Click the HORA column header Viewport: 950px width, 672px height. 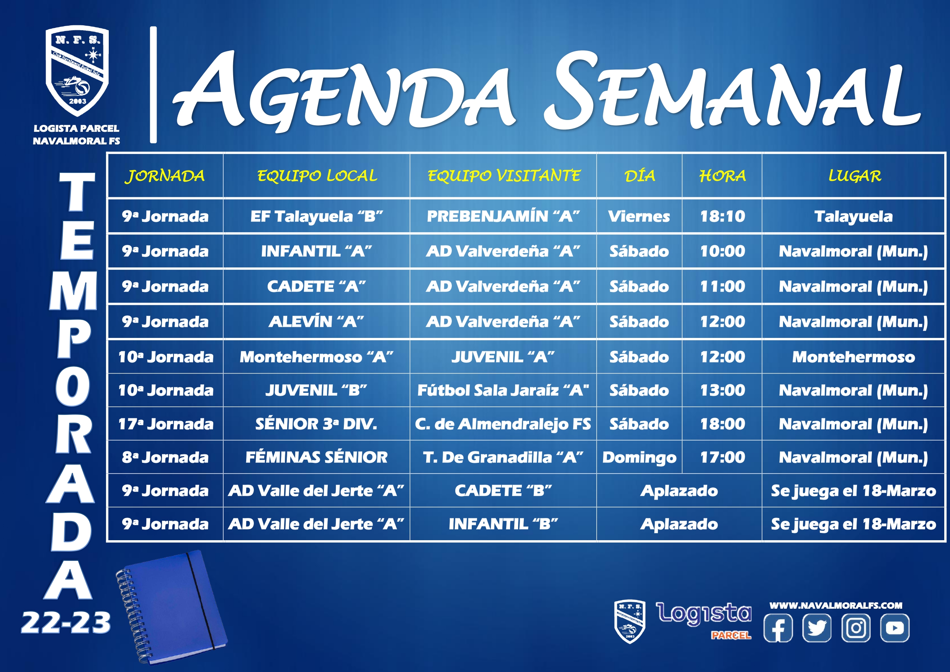[x=723, y=176]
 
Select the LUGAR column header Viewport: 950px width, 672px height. [x=854, y=176]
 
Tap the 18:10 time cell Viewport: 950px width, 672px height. [x=723, y=216]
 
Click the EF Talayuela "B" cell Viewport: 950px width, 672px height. [x=317, y=216]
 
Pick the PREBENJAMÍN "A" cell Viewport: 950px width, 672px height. [x=503, y=216]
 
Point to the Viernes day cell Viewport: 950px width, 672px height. [x=639, y=216]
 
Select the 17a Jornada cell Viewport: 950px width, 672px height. [x=165, y=424]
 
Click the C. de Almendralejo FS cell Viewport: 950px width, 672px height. [x=503, y=424]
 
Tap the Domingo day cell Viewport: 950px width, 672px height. [x=639, y=457]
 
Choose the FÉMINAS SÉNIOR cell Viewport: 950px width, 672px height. [x=317, y=457]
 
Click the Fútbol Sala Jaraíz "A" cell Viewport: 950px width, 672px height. [x=503, y=390]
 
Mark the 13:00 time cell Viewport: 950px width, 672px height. [x=723, y=390]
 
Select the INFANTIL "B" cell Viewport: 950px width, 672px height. [x=503, y=524]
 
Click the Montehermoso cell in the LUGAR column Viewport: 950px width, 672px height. [x=854, y=357]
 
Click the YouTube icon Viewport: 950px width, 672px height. [x=895, y=628]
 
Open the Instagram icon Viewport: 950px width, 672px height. [x=856, y=628]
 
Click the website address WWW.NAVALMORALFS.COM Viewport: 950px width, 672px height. [x=836, y=605]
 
